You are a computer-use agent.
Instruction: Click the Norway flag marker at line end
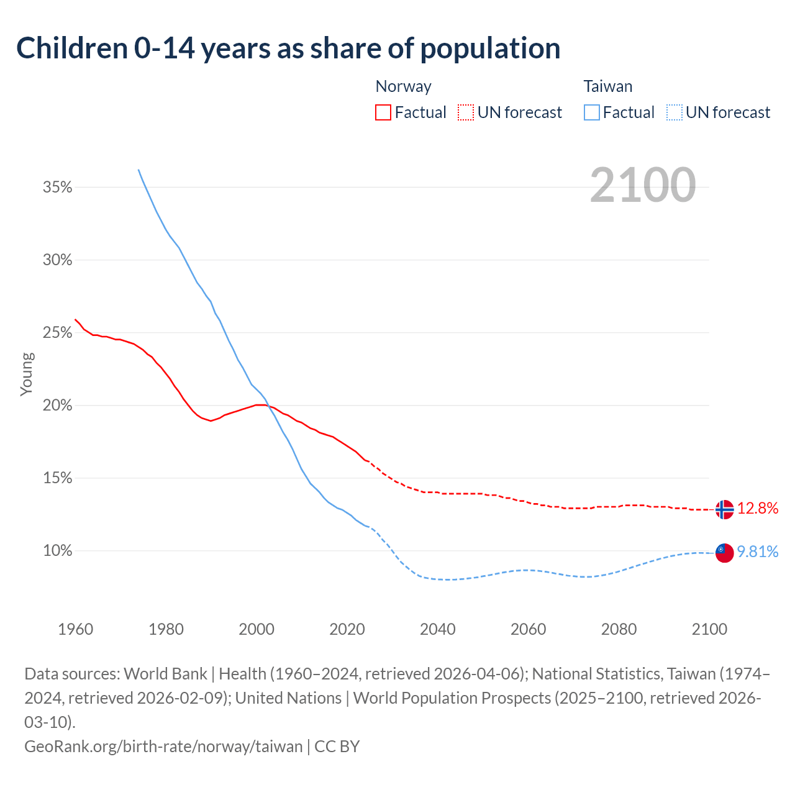pyautogui.click(x=724, y=509)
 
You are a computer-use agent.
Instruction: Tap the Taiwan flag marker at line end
pyautogui.click(x=724, y=552)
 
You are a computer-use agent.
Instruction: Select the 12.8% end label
pyautogui.click(x=758, y=509)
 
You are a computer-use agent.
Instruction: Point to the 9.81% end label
pyautogui.click(x=758, y=552)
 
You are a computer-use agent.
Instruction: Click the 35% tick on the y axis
pyautogui.click(x=58, y=187)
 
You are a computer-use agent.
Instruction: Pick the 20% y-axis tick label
pyautogui.click(x=58, y=406)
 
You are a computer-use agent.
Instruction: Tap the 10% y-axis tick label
pyautogui.click(x=58, y=551)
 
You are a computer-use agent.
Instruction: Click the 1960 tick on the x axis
pyautogui.click(x=76, y=629)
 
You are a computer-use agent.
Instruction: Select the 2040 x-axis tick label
pyautogui.click(x=438, y=629)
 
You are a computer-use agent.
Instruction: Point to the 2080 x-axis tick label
pyautogui.click(x=619, y=629)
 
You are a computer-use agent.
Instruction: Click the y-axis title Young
pyautogui.click(x=27, y=374)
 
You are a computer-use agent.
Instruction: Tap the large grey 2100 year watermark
pyautogui.click(x=643, y=184)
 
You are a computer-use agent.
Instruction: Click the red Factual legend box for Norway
pyautogui.click(x=383, y=112)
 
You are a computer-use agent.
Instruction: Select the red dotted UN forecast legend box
pyautogui.click(x=466, y=112)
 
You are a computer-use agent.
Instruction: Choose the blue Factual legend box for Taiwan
pyautogui.click(x=592, y=112)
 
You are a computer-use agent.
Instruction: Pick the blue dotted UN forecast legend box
pyautogui.click(x=674, y=112)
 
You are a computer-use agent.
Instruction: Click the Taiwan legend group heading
pyautogui.click(x=608, y=86)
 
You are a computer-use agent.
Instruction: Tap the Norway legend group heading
pyautogui.click(x=404, y=86)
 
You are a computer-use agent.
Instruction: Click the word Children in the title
pyautogui.click(x=71, y=48)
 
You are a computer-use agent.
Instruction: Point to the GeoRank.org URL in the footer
pyautogui.click(x=163, y=746)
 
